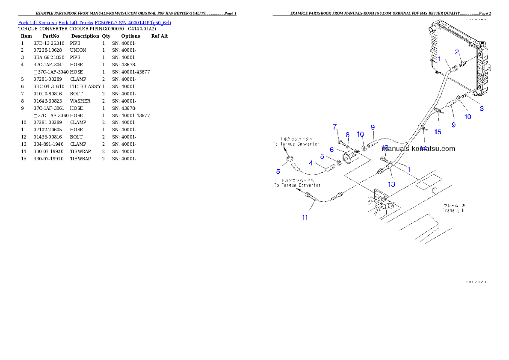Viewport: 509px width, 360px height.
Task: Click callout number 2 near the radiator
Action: [457, 52]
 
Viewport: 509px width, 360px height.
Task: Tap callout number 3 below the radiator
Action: [482, 109]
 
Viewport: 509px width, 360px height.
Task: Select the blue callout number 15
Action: [438, 132]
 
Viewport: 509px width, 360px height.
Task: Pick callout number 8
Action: [348, 135]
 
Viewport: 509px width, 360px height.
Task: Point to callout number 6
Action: [331, 150]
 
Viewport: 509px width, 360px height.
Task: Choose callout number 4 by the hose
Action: [311, 162]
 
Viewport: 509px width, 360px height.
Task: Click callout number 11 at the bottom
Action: [305, 217]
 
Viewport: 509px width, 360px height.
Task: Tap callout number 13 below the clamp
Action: [391, 184]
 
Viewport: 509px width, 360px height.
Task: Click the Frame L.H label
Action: [453, 208]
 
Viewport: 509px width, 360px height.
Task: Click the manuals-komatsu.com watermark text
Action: [418, 149]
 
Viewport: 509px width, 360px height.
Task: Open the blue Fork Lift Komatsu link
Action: [95, 22]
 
